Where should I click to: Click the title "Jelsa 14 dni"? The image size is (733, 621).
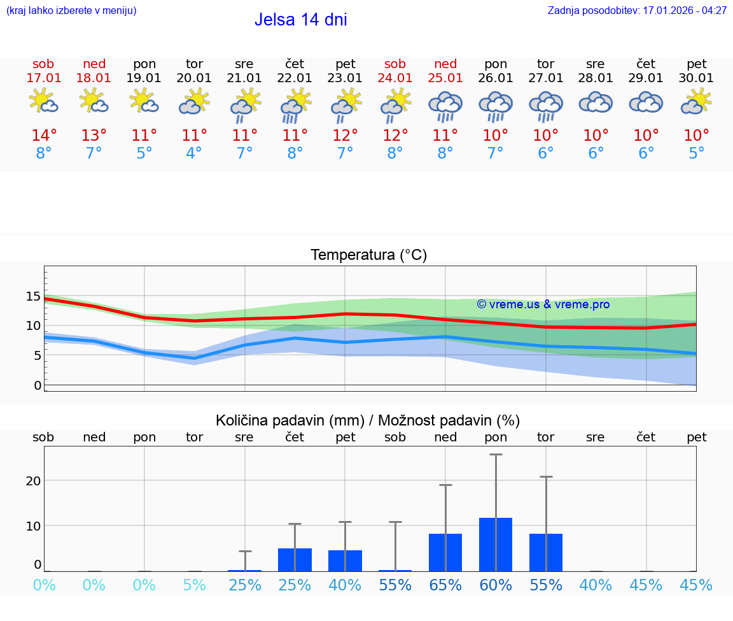pyautogui.click(x=300, y=20)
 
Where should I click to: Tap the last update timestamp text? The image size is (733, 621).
pyautogui.click(x=637, y=11)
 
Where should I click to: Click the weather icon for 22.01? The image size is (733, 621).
pyautogui.click(x=295, y=105)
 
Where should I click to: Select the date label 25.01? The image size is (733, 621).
pyautogui.click(x=445, y=78)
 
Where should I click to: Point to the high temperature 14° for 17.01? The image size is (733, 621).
pyautogui.click(x=44, y=136)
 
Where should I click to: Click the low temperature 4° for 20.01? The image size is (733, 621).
pyautogui.click(x=194, y=153)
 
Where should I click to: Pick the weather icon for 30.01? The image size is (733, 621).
pyautogui.click(x=697, y=102)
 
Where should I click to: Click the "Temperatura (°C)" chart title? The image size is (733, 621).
pyautogui.click(x=368, y=255)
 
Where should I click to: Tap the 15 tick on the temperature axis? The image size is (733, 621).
pyautogui.click(x=33, y=296)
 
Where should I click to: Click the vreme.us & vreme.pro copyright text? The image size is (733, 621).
pyautogui.click(x=543, y=304)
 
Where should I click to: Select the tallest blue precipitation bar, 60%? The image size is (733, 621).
pyautogui.click(x=496, y=545)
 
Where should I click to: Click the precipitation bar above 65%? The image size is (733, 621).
pyautogui.click(x=445, y=552)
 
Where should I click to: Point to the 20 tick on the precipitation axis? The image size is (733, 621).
pyautogui.click(x=33, y=481)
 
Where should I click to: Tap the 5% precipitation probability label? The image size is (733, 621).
pyautogui.click(x=194, y=585)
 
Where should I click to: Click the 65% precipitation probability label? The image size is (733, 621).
pyautogui.click(x=445, y=585)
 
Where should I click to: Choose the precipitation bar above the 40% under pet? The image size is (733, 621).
pyautogui.click(x=345, y=560)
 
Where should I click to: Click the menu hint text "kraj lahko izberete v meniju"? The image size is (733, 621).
pyautogui.click(x=71, y=11)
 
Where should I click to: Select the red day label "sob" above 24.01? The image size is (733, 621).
pyautogui.click(x=395, y=64)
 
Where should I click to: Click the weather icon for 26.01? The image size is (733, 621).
pyautogui.click(x=496, y=105)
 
